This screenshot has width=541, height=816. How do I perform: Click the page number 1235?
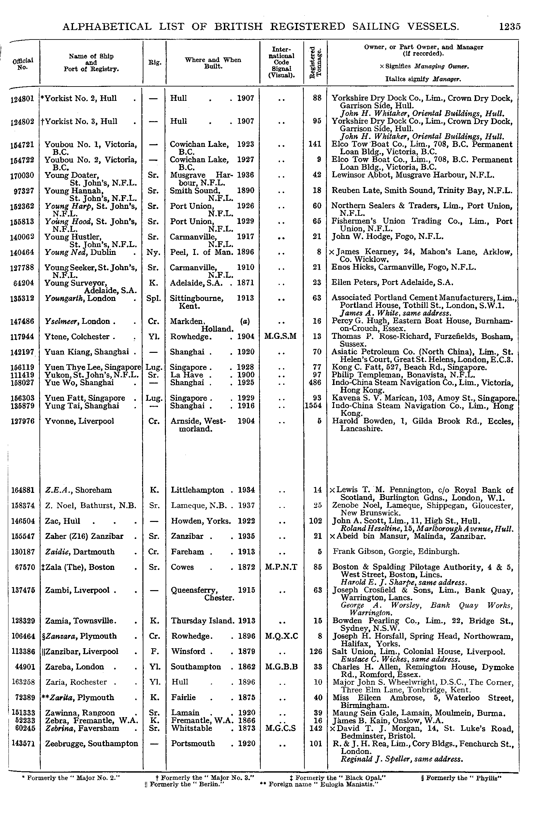coord(509,26)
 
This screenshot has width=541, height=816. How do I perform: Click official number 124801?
coord(22,99)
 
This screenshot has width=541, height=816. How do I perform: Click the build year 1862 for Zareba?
coord(246,667)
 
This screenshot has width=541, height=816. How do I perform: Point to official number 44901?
coord(24,667)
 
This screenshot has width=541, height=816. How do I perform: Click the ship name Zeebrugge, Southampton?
coord(92,744)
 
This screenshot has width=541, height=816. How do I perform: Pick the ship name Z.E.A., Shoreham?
coord(78,490)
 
